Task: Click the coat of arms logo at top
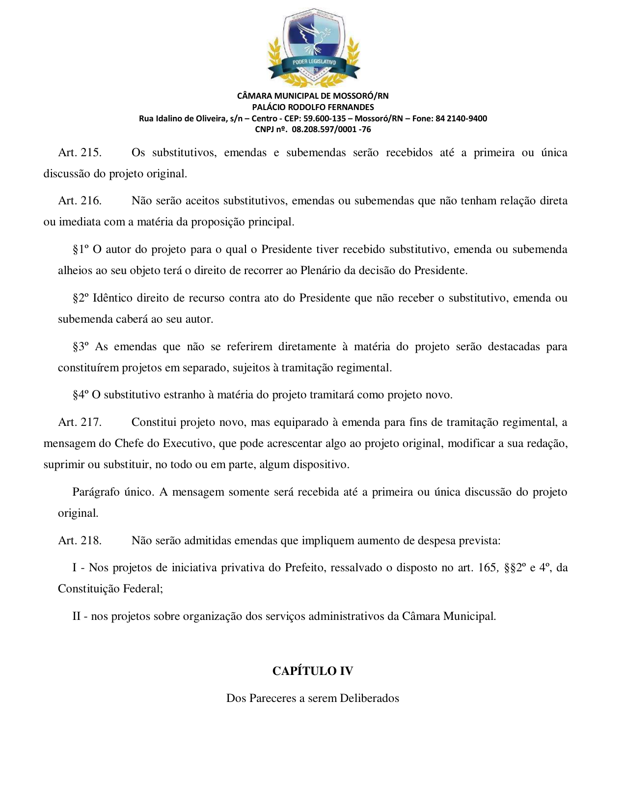point(313,47)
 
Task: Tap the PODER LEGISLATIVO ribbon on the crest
point(314,62)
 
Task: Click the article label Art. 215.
point(80,153)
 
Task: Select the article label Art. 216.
point(80,201)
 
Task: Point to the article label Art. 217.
point(80,422)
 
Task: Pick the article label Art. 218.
point(80,541)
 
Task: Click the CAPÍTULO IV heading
point(313,671)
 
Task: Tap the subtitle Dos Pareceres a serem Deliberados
point(313,699)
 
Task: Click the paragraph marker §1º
point(81,250)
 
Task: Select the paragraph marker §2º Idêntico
point(81,298)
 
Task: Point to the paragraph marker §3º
point(81,347)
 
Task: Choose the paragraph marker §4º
point(81,395)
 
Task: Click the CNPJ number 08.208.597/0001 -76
point(331,130)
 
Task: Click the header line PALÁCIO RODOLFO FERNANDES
point(313,107)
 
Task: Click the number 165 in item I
point(487,568)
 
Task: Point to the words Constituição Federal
point(110,589)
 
